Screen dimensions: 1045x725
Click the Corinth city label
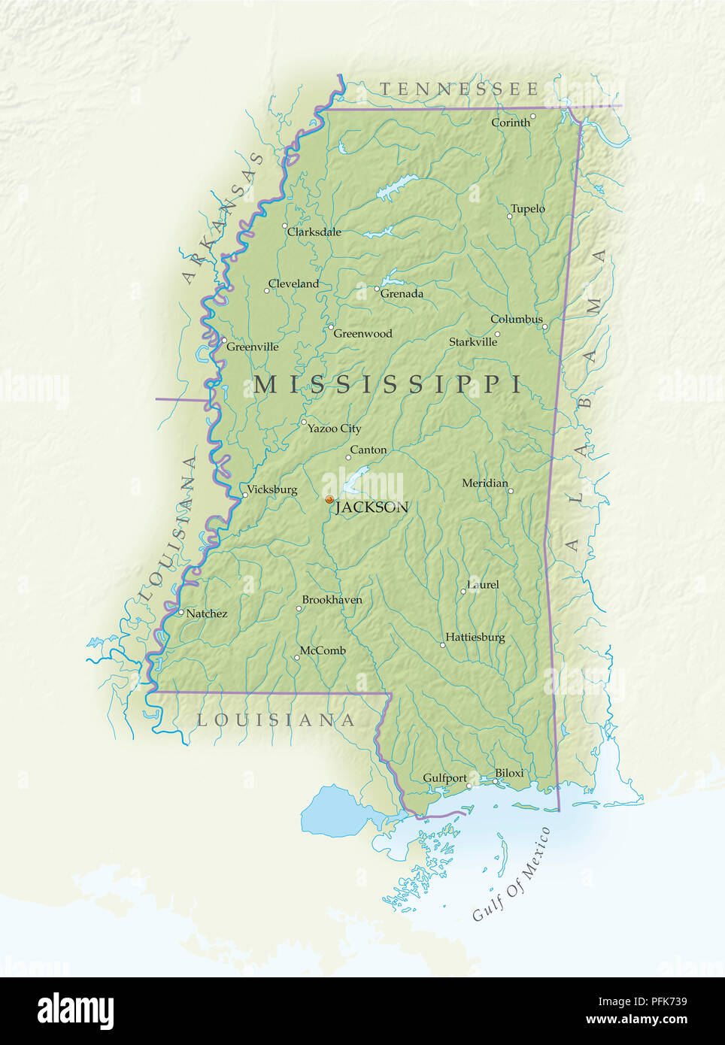click(510, 123)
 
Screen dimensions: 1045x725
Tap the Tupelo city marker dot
click(509, 217)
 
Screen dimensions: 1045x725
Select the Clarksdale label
click(314, 232)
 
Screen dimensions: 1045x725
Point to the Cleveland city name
click(293, 284)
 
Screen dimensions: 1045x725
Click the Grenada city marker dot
click(377, 289)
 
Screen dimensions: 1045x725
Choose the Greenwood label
click(362, 334)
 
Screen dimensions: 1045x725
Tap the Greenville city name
click(252, 347)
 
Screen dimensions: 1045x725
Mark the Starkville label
click(473, 342)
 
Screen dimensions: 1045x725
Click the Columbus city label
click(516, 320)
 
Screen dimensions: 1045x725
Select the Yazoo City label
click(334, 429)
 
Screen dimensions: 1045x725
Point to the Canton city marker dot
click(348, 458)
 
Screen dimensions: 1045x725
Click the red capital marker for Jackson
click(329, 499)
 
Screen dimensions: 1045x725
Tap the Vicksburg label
click(271, 489)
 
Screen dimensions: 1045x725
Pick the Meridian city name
click(484, 483)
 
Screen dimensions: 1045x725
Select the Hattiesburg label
click(475, 638)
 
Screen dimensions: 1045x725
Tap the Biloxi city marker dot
click(496, 781)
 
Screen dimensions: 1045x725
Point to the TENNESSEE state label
click(459, 89)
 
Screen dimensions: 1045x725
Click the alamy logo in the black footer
click(76, 1011)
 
